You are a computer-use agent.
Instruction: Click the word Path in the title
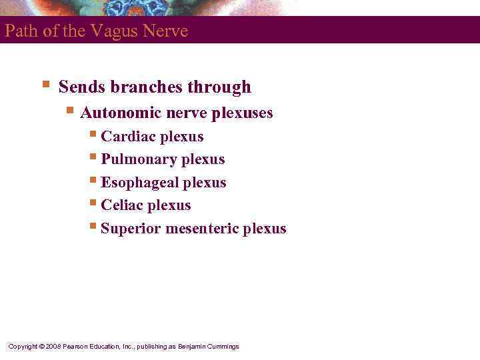tap(19, 31)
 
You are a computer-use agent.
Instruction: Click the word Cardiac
tap(125, 137)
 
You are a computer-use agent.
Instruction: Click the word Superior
tap(131, 229)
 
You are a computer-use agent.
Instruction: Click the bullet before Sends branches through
tap(45, 85)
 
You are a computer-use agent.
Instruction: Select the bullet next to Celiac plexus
tap(93, 203)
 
